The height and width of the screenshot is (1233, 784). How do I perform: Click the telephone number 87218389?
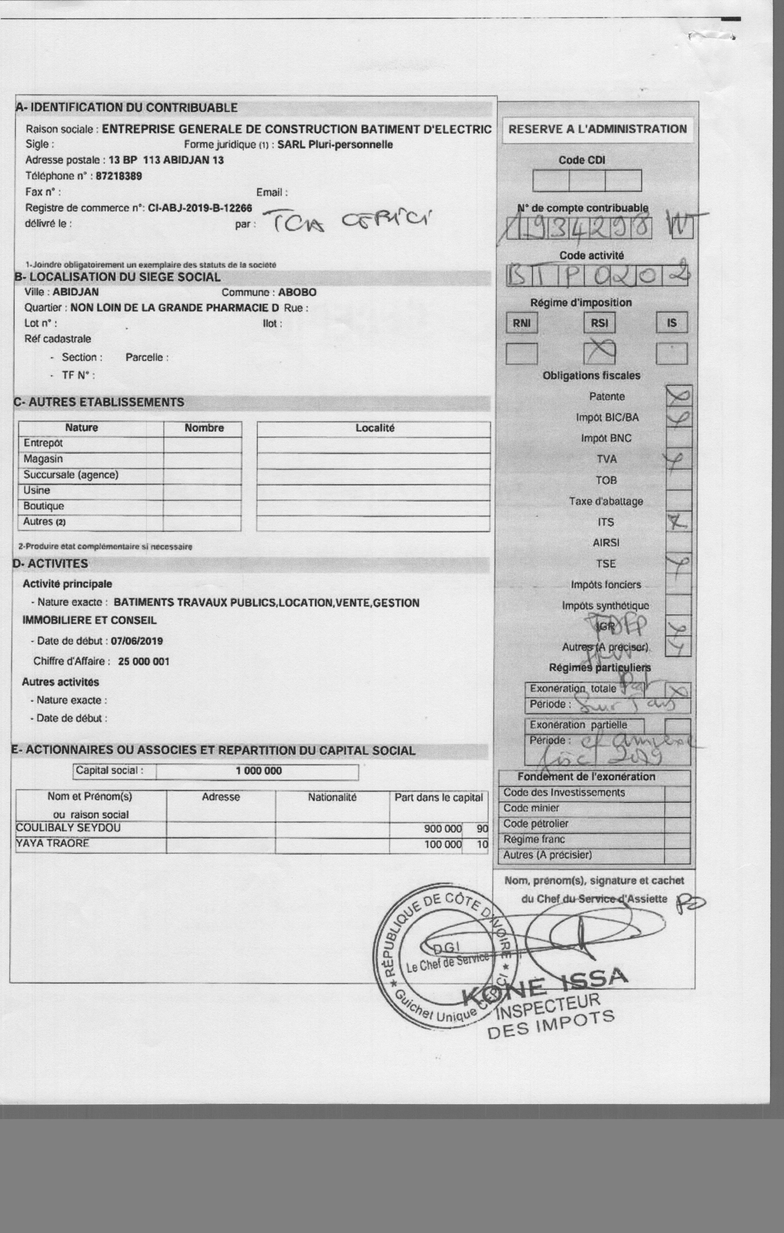coord(119,176)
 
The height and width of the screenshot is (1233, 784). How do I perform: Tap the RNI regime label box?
coord(522,323)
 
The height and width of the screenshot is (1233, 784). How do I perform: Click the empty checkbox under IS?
coord(671,354)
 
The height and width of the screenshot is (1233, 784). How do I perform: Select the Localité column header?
coord(375,428)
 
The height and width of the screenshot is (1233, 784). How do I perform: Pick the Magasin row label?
coord(43,459)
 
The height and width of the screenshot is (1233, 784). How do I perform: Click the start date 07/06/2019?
coord(137,641)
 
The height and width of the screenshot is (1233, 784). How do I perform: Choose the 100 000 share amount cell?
coord(442,844)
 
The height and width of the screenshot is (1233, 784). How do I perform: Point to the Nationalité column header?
coord(332,797)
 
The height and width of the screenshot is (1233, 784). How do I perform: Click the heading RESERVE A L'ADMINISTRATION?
coord(597,129)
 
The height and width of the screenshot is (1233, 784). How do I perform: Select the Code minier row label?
coord(531,808)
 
